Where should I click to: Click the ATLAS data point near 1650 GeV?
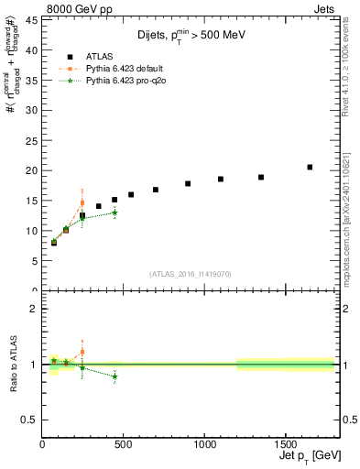(310, 167)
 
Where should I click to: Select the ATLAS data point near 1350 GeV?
(261, 177)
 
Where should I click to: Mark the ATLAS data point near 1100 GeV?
(221, 179)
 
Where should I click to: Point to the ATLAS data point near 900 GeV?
(188, 183)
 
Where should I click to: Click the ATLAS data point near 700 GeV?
(156, 190)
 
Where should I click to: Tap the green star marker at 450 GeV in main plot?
(115, 213)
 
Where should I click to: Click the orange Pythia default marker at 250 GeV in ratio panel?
(82, 352)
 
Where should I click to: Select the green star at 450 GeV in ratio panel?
(115, 376)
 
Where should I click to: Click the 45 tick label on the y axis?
(32, 20)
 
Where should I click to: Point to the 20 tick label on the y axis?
(32, 170)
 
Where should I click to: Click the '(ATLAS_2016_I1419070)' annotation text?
(191, 274)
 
